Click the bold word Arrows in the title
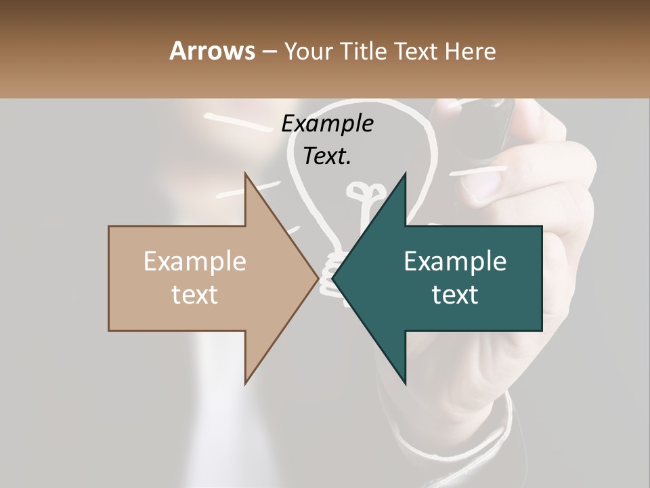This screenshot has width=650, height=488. click(213, 51)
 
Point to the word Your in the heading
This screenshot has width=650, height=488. click(308, 51)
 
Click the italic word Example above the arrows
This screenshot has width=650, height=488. click(327, 124)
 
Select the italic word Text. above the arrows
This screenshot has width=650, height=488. click(327, 156)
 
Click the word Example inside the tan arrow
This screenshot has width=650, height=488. click(195, 262)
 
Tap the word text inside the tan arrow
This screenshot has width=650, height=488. click(195, 295)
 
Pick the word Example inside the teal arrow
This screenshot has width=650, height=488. click(455, 262)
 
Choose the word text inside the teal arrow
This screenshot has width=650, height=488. click(455, 295)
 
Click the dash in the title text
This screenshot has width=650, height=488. click(269, 52)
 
